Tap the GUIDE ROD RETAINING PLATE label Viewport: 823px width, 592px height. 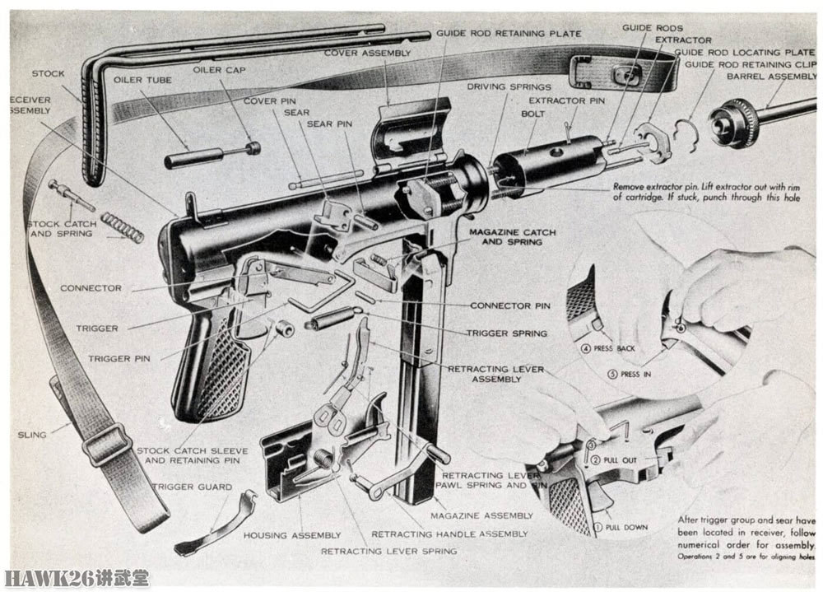[x=509, y=34]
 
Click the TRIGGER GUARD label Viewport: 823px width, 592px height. [x=180, y=487]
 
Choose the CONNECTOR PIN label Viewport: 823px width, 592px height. [x=509, y=305]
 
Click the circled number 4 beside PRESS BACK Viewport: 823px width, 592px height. [x=585, y=348]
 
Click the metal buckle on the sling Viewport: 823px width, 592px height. [x=105, y=445]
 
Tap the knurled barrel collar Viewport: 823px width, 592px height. [x=734, y=120]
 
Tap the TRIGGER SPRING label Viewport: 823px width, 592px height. [x=506, y=333]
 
